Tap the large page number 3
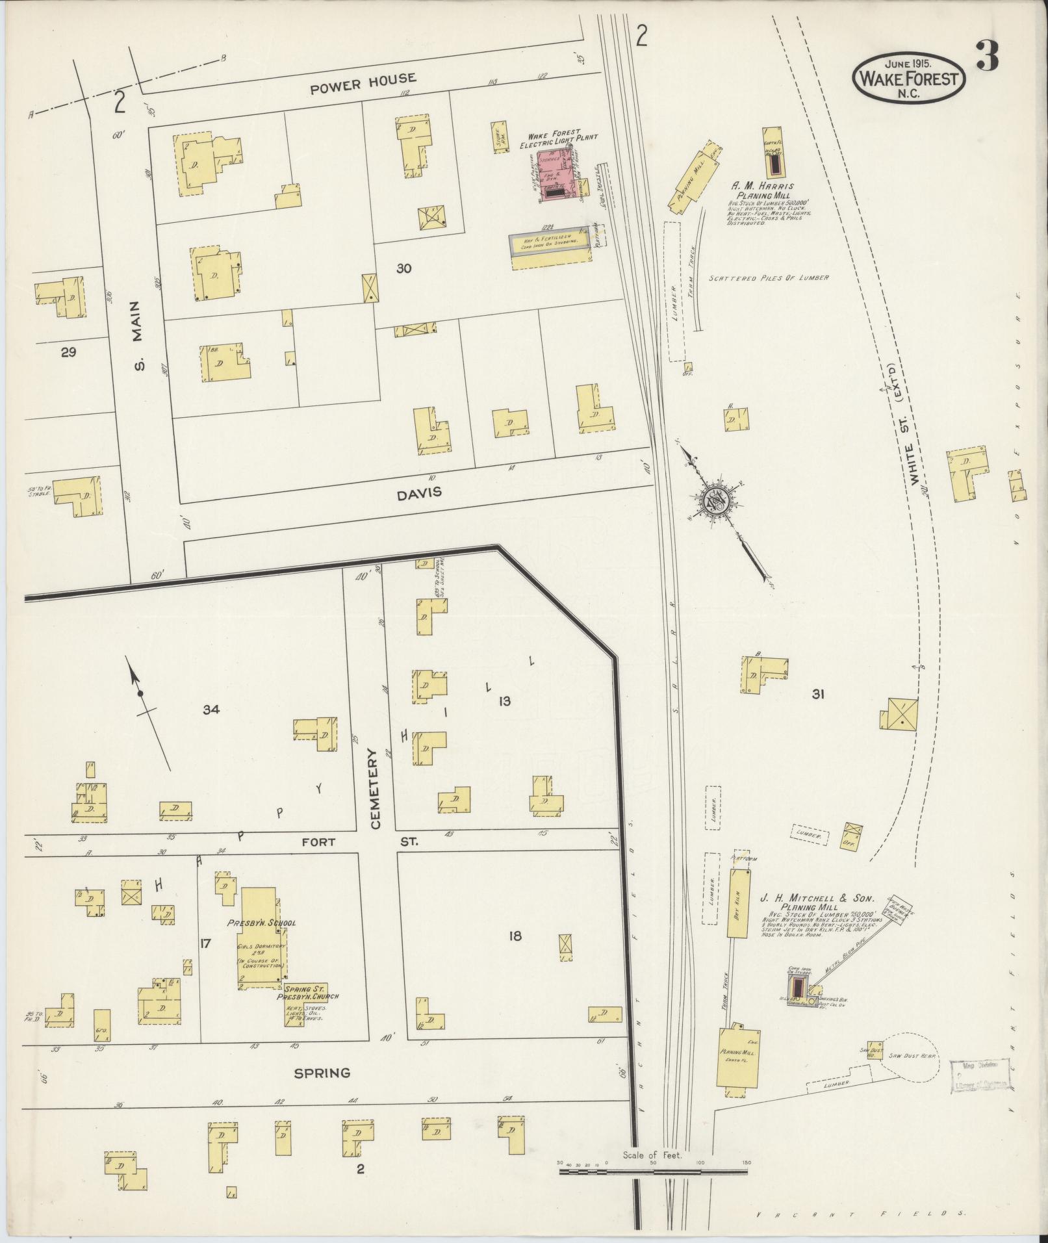pyautogui.click(x=986, y=58)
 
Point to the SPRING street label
pyautogui.click(x=322, y=1073)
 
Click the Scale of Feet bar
pyautogui.click(x=654, y=1172)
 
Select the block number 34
pyautogui.click(x=211, y=710)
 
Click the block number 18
pyautogui.click(x=516, y=936)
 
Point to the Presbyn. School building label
pyautogui.click(x=261, y=923)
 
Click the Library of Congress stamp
pyautogui.click(x=980, y=1077)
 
